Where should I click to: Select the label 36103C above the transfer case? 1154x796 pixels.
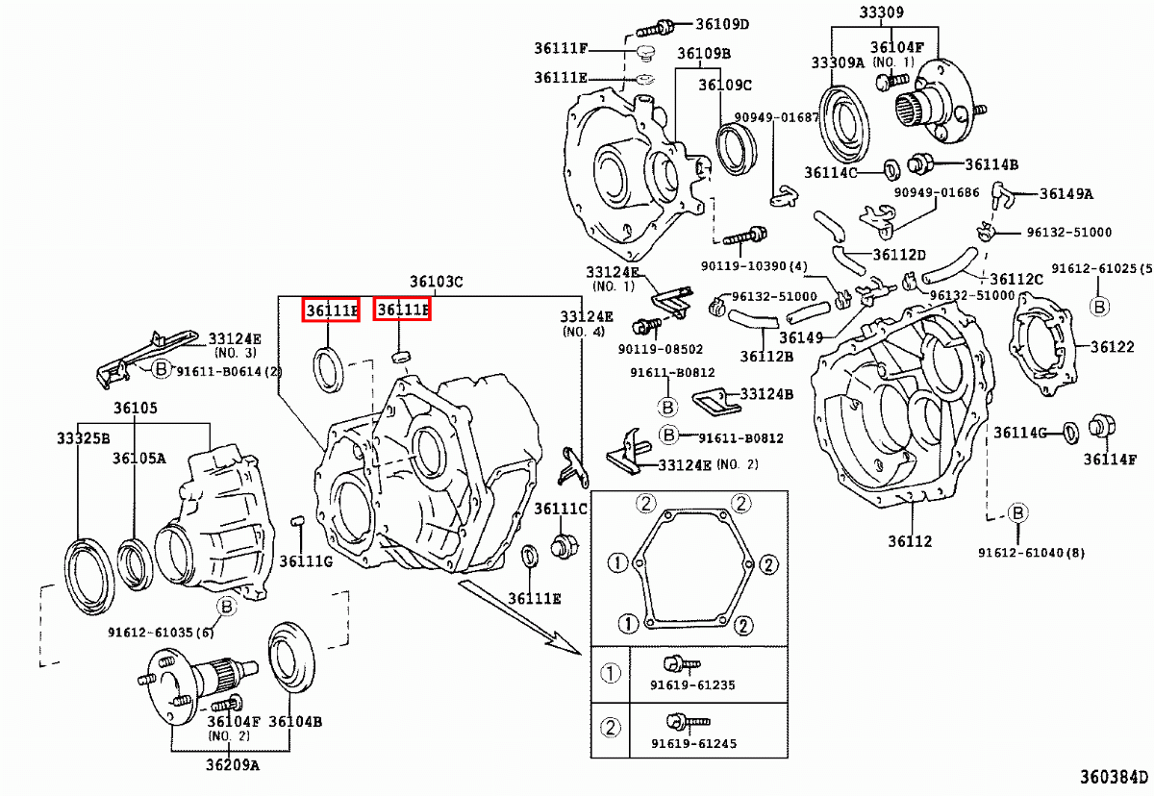437,282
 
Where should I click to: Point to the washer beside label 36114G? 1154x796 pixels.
1067,432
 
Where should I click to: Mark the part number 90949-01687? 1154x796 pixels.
776,117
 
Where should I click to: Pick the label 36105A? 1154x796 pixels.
138,458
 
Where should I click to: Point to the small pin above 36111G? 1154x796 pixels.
297,522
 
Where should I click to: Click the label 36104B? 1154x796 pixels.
294,722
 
